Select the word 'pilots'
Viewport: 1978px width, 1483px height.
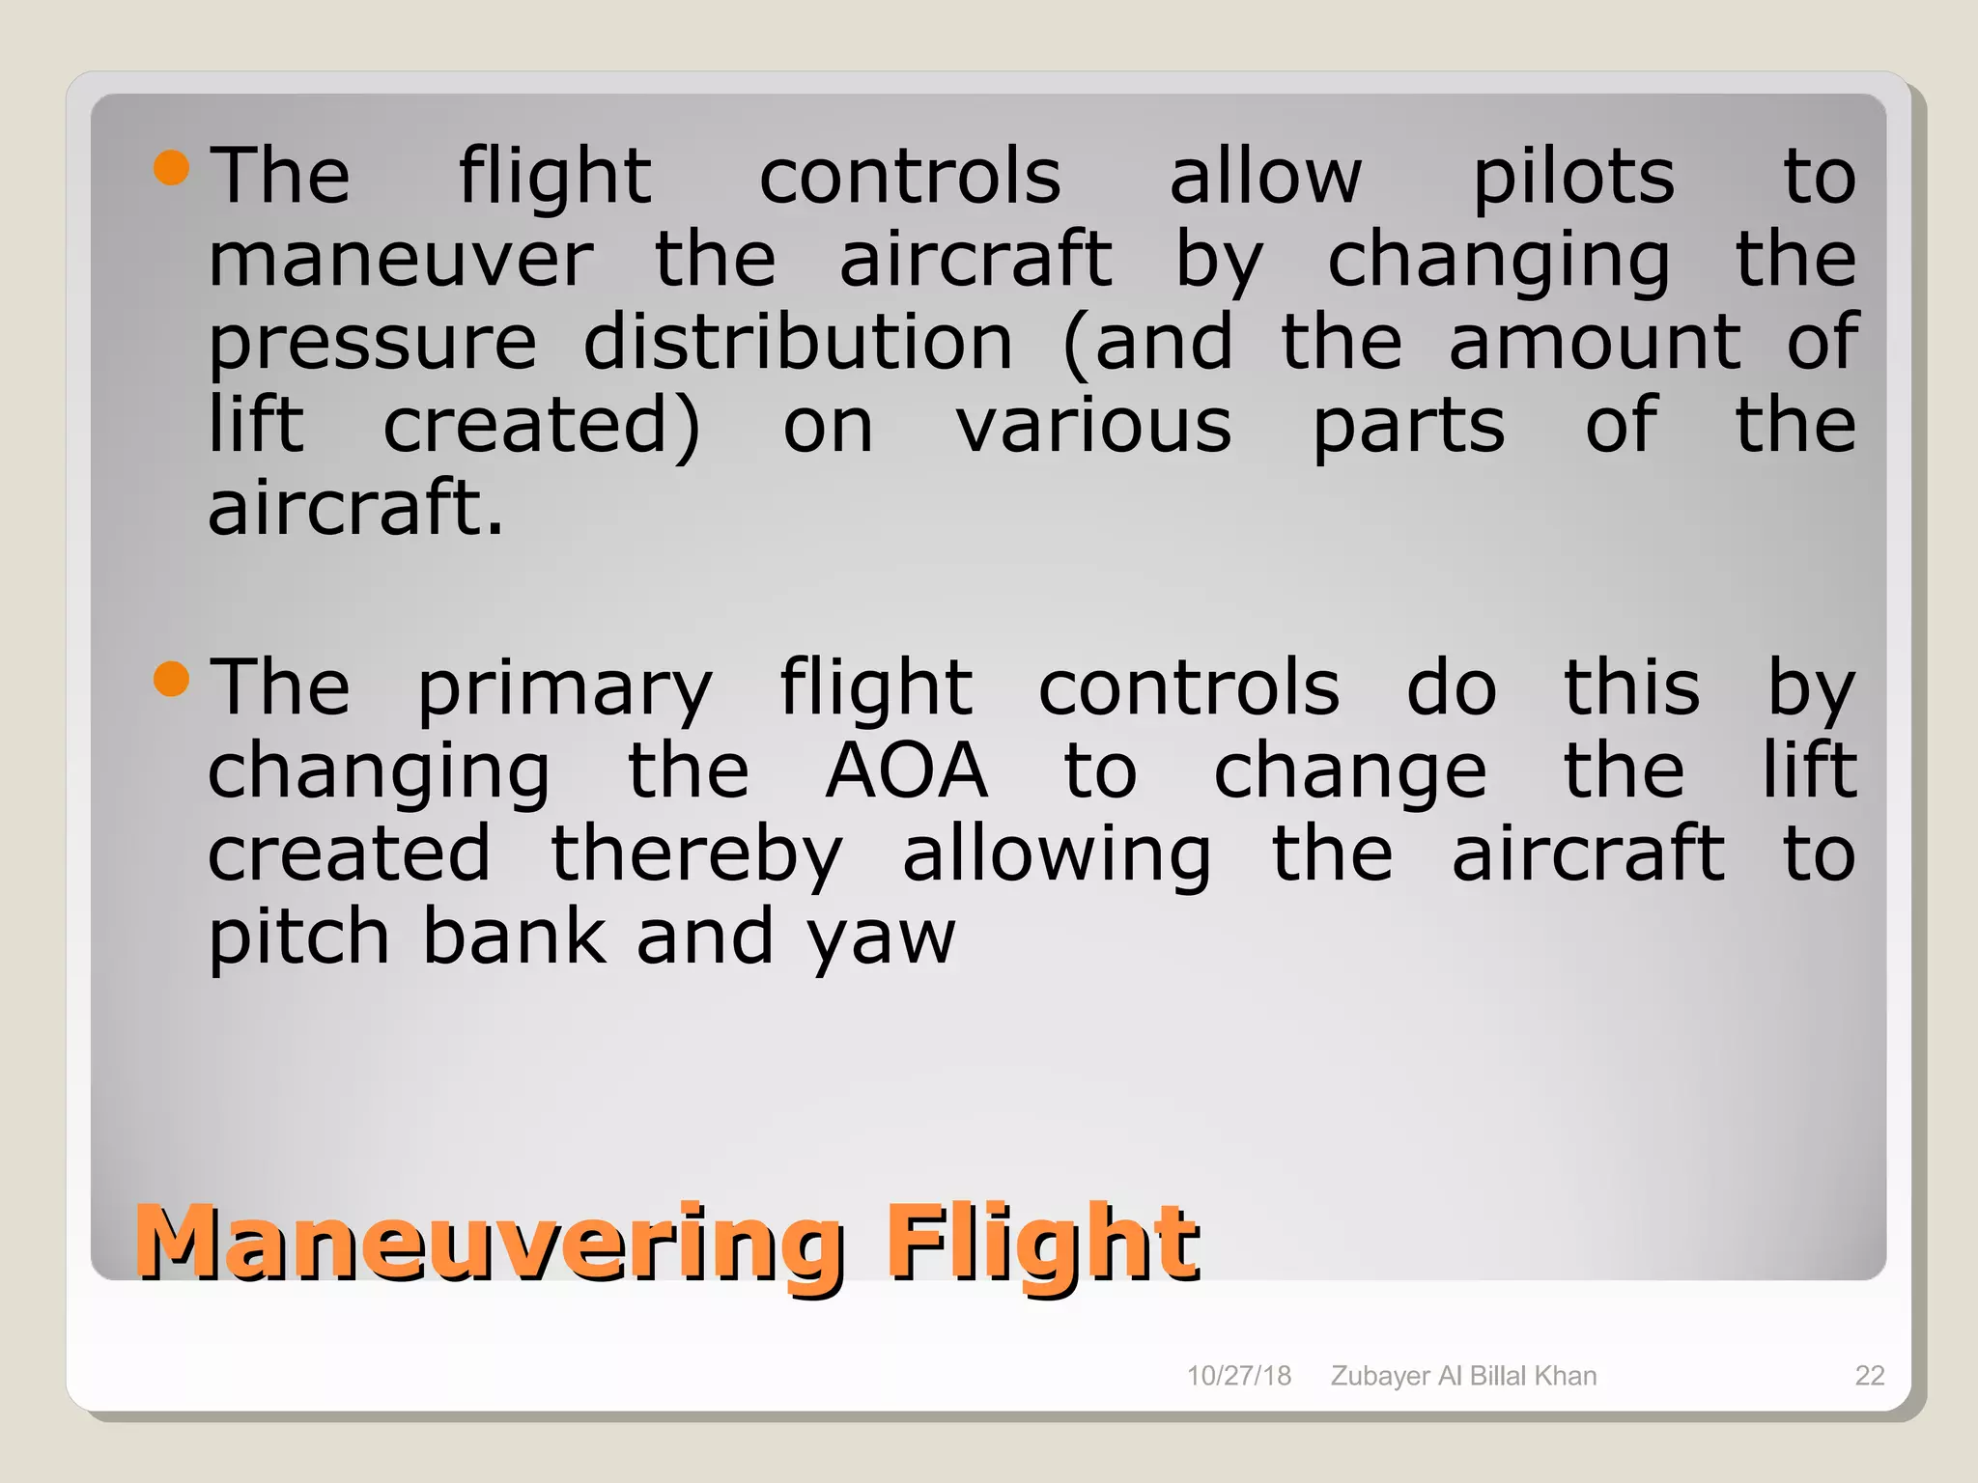click(x=1573, y=178)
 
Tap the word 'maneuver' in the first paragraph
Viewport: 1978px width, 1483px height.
click(x=401, y=260)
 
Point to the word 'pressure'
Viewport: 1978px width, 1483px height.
click(x=373, y=345)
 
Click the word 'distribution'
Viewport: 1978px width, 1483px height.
click(x=798, y=343)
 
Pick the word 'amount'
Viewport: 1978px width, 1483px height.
click(x=1595, y=343)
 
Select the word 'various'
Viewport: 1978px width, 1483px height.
click(x=1093, y=426)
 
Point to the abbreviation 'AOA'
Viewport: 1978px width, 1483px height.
click(x=906, y=771)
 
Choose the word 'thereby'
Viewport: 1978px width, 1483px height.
click(x=696, y=856)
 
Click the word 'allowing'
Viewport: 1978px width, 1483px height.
click(x=1057, y=856)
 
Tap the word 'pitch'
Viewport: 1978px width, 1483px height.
click(x=298, y=938)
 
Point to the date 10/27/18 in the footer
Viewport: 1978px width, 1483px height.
click(x=1238, y=1376)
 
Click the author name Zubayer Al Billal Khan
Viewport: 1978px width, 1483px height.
click(x=1463, y=1376)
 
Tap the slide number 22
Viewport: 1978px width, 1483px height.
click(x=1870, y=1376)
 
